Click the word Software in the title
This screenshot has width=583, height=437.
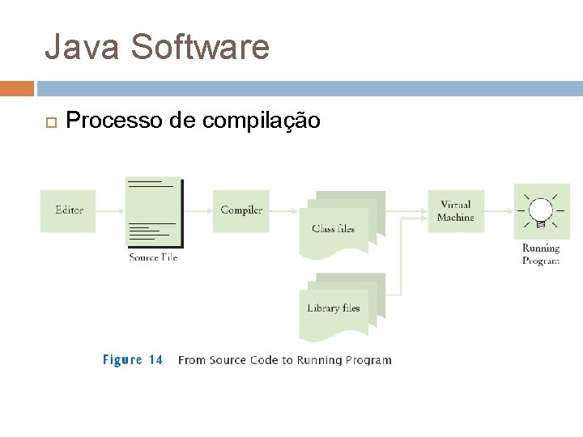pyautogui.click(x=199, y=47)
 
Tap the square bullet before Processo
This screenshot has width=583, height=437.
pyautogui.click(x=49, y=122)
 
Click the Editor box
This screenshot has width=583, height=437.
pyautogui.click(x=69, y=210)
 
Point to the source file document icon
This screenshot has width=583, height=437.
pyautogui.click(x=153, y=212)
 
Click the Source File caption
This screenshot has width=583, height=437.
pyautogui.click(x=153, y=257)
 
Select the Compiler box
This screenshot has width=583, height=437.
pyautogui.click(x=241, y=210)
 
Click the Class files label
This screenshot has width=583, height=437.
pyautogui.click(x=333, y=229)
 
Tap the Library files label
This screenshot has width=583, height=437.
pyautogui.click(x=333, y=308)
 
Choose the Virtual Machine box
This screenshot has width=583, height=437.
pyautogui.click(x=456, y=211)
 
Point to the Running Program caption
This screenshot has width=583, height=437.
pyautogui.click(x=541, y=255)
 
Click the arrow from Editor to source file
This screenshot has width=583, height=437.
pyautogui.click(x=110, y=210)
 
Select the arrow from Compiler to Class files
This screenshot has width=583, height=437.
pyautogui.click(x=284, y=210)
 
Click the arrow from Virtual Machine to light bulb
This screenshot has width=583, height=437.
pyautogui.click(x=499, y=211)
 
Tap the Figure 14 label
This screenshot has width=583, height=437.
pyautogui.click(x=132, y=360)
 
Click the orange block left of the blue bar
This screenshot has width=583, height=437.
pyautogui.click(x=17, y=88)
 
